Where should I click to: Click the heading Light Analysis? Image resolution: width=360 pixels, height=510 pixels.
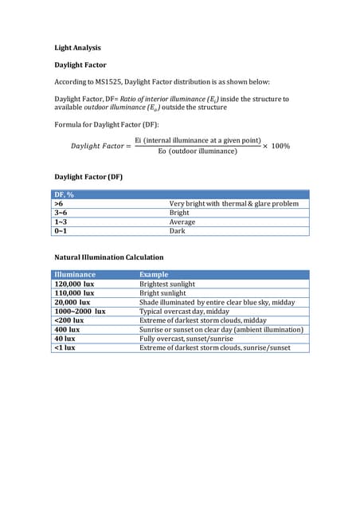[77, 48]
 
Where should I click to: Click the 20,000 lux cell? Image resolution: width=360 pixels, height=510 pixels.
[72, 302]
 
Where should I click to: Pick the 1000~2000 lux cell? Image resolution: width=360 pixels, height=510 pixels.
[80, 312]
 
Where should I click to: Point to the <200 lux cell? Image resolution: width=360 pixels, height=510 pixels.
[68, 320]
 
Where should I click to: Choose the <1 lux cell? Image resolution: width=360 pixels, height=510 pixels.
[65, 347]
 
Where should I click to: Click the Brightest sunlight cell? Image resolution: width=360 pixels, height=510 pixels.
[167, 284]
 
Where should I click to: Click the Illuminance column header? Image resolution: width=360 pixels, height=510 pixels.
[75, 274]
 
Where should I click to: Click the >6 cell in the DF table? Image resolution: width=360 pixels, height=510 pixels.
[59, 204]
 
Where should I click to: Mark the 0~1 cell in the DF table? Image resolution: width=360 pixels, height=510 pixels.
[61, 231]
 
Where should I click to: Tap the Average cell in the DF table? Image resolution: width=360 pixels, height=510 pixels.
[182, 222]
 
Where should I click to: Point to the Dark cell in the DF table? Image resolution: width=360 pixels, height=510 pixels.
[178, 231]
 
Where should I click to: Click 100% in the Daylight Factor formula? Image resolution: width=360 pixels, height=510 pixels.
[280, 146]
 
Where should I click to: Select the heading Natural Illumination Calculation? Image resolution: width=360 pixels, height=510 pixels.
[108, 257]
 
